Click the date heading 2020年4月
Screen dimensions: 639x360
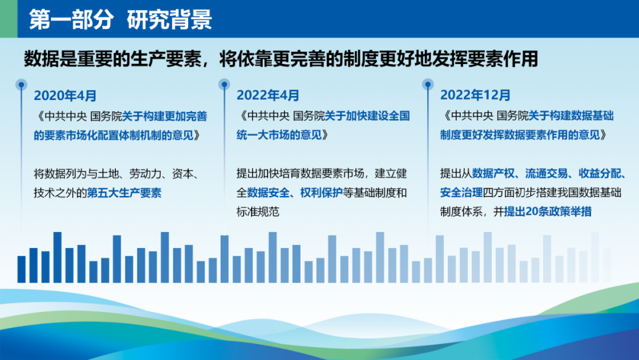pos(65,96)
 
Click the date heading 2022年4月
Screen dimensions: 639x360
pos(268,95)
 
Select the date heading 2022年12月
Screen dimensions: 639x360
pos(475,95)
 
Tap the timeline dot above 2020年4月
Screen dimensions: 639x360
pos(21,85)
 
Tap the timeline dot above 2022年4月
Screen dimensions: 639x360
pos(224,85)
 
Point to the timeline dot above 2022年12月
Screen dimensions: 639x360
pos(428,85)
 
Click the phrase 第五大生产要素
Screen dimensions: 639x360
pos(124,193)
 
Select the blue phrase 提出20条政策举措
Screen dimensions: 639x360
pos(548,211)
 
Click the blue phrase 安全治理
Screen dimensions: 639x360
pos(461,192)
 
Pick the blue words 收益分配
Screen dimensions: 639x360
pos(599,173)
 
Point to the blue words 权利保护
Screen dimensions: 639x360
pos(321,192)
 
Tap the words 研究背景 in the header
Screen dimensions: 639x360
pos(170,19)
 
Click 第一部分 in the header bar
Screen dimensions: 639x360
pos(72,19)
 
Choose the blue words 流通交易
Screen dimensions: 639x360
pos(546,173)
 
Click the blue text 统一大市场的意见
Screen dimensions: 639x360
pos(279,135)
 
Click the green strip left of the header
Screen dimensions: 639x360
pos(8,19)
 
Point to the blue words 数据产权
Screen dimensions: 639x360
pos(493,173)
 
